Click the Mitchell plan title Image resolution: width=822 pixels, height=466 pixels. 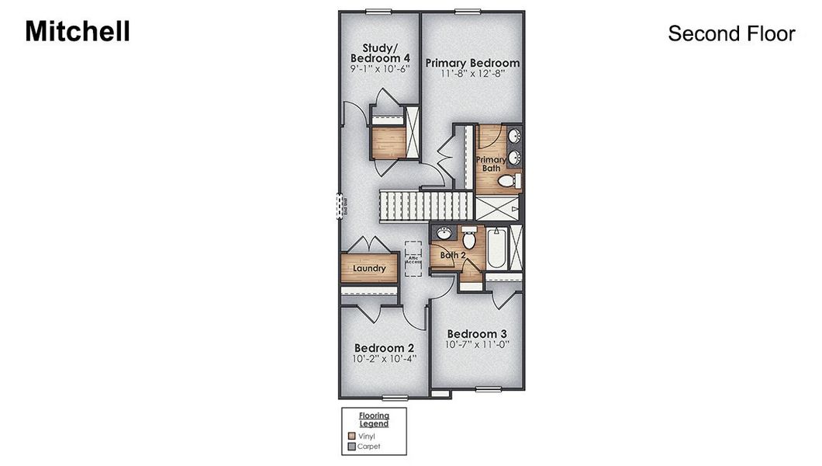(x=78, y=31)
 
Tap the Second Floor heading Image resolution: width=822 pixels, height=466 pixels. (x=731, y=34)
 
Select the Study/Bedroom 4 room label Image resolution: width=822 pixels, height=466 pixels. (x=379, y=54)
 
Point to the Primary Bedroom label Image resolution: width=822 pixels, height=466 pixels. (x=472, y=63)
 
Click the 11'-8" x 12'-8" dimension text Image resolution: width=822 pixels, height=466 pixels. (x=472, y=75)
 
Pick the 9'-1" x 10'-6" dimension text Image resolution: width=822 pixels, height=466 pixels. (x=379, y=68)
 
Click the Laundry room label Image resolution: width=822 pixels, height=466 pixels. (x=369, y=269)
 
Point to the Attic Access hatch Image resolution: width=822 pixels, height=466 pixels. (x=413, y=259)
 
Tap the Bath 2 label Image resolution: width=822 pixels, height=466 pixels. (x=453, y=254)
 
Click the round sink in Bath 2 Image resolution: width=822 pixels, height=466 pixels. (x=444, y=234)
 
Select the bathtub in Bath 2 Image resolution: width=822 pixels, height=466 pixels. (x=496, y=246)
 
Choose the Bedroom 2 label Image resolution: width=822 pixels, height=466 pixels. (x=384, y=348)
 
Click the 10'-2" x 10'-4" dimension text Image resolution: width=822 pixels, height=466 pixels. (x=384, y=359)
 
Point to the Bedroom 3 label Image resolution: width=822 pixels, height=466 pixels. (x=477, y=334)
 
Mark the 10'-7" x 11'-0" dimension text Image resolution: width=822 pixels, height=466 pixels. (x=477, y=345)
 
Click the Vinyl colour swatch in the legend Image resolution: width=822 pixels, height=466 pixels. (x=351, y=436)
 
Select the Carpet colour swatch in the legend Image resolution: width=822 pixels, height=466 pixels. (x=351, y=447)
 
